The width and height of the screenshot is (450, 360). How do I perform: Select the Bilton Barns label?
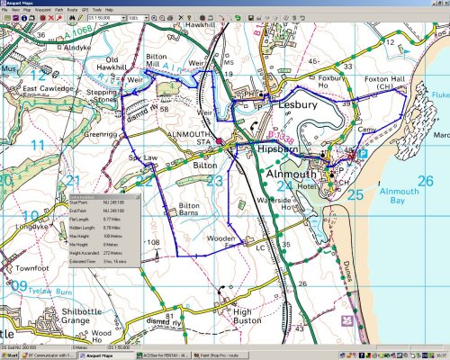pos(195,210)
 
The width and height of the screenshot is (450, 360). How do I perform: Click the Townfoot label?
pos(31,268)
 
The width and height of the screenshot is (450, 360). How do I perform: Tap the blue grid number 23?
pos(214,181)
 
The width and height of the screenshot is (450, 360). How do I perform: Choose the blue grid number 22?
pos(144,181)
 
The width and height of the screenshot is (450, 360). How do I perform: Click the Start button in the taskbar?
pos(13,355)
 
